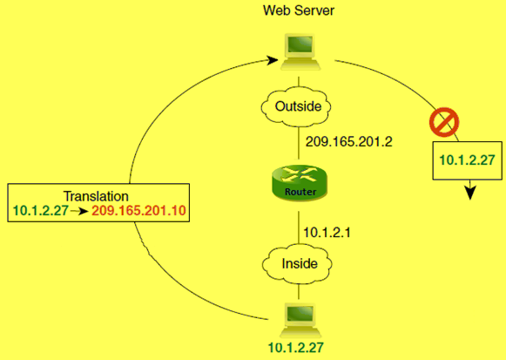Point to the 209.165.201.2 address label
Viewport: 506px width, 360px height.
tap(346, 140)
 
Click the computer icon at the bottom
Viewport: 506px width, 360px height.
tap(299, 317)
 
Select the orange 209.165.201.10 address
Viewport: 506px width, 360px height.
tap(139, 211)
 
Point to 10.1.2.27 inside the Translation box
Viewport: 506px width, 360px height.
tap(40, 211)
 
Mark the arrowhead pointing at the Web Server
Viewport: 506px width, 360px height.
tap(275, 62)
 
